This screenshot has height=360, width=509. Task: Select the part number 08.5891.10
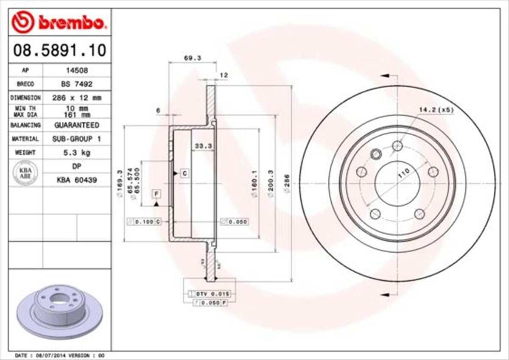click(x=60, y=51)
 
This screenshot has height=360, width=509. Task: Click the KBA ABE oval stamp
click(x=25, y=173)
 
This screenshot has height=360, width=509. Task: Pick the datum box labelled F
click(x=157, y=194)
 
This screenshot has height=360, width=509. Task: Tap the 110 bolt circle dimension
click(x=404, y=173)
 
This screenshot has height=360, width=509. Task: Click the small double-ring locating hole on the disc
click(x=375, y=153)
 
